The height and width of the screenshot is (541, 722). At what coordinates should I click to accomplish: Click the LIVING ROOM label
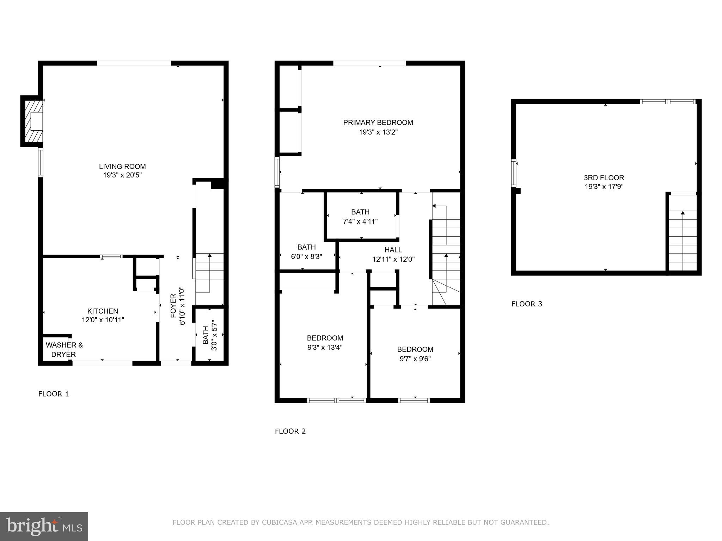coord(122,167)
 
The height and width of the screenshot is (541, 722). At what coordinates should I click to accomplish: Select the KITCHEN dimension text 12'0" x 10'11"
coord(103,320)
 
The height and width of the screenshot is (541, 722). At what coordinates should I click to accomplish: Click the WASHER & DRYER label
coord(64,349)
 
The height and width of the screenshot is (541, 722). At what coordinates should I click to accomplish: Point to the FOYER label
coord(173,306)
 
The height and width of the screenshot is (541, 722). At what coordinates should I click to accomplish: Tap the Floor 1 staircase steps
coord(209,273)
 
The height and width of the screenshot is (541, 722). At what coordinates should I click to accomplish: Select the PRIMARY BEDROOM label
coord(378,123)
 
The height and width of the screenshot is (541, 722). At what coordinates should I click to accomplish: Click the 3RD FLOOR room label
coord(604,178)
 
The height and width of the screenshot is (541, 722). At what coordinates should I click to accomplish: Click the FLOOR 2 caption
coord(290,431)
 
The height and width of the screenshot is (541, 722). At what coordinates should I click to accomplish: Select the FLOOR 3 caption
coord(526,304)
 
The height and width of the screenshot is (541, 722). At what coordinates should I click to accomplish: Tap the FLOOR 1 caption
coord(54,394)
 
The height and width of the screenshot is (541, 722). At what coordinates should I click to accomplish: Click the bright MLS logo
coord(44,526)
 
